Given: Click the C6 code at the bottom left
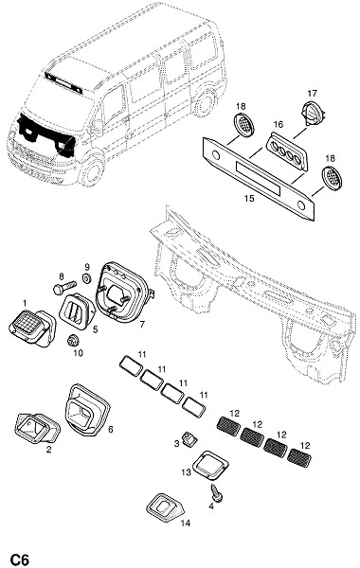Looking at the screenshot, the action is (19, 559).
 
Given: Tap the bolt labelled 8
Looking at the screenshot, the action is (64, 287).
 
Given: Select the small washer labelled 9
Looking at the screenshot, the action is (86, 279).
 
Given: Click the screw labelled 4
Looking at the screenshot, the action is (216, 493).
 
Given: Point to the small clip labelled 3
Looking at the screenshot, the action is (190, 439).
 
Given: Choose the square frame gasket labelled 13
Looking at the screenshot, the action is (210, 466).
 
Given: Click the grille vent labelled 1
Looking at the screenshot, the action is (32, 328).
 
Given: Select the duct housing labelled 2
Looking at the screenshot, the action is (37, 428).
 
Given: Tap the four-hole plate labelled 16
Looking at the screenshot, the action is (286, 151).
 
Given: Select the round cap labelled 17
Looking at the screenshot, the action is (312, 113).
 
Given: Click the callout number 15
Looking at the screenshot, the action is (249, 199).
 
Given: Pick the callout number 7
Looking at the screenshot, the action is (142, 324).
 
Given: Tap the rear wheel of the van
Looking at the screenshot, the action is (205, 101).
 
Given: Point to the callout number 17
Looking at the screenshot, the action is (312, 94).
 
